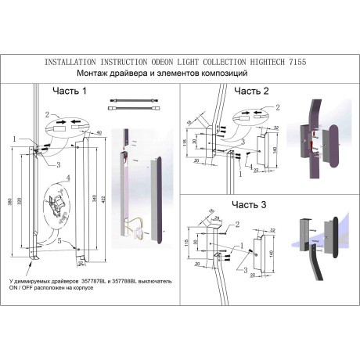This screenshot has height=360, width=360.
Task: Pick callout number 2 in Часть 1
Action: [x=46, y=115]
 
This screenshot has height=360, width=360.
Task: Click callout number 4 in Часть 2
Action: [x=250, y=167]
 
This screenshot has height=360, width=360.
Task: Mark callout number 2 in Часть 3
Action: [x=236, y=225]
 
